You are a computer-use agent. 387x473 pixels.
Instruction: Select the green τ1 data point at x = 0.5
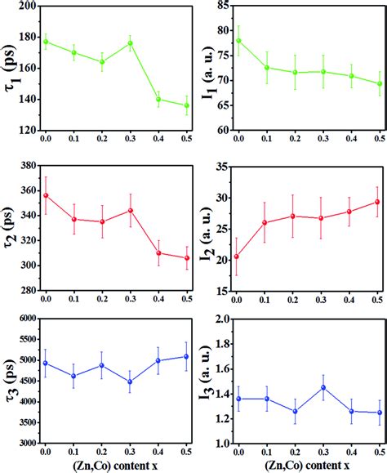pos(186,105)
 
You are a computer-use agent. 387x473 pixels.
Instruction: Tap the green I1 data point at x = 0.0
pos(238,40)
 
